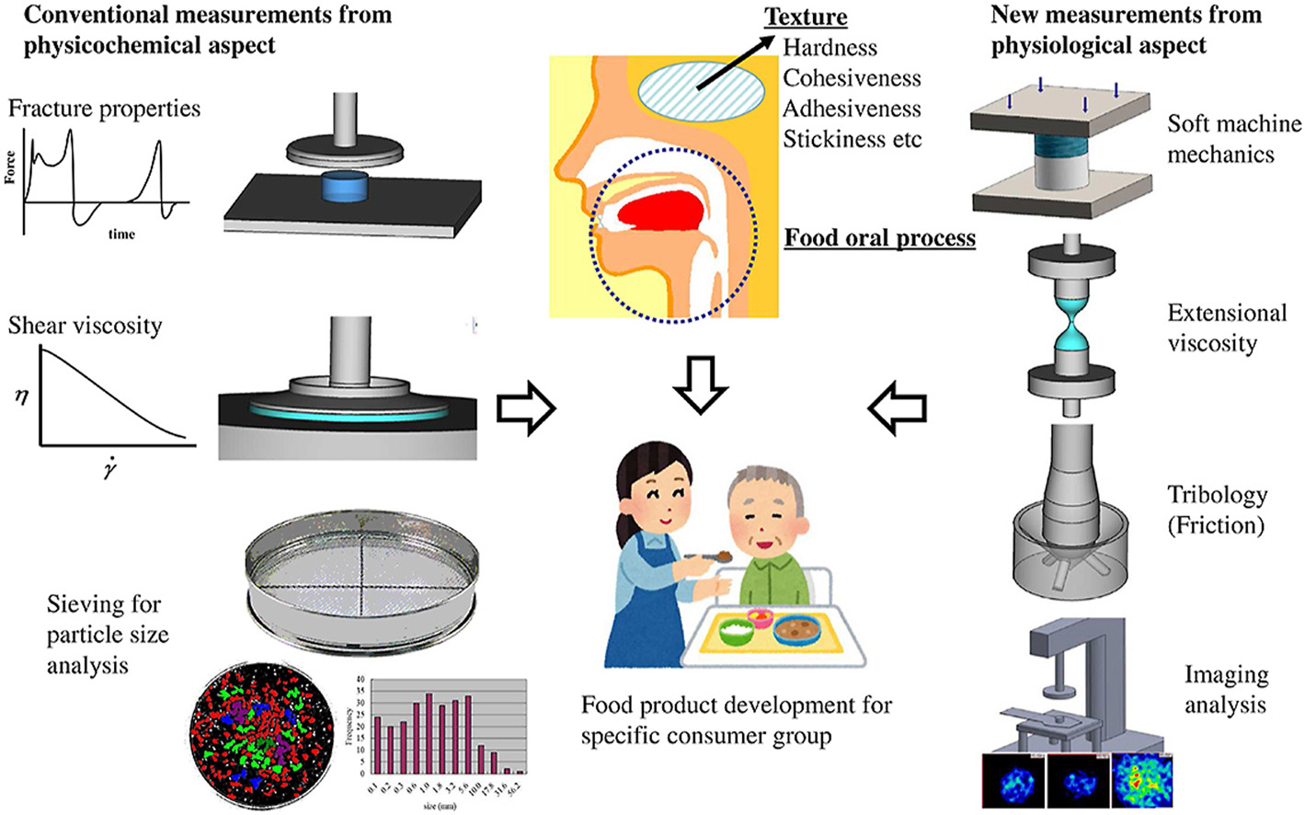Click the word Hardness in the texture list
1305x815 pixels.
tap(830, 48)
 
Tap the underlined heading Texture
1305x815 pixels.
tap(806, 17)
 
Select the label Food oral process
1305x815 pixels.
tap(879, 238)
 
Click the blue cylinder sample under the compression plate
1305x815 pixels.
tap(345, 187)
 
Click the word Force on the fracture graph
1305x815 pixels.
tap(10, 168)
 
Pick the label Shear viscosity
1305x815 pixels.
tap(85, 326)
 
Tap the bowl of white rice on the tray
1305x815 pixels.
tap(737, 632)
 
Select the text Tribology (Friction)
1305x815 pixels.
tap(1217, 510)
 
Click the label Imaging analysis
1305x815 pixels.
tap(1225, 689)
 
